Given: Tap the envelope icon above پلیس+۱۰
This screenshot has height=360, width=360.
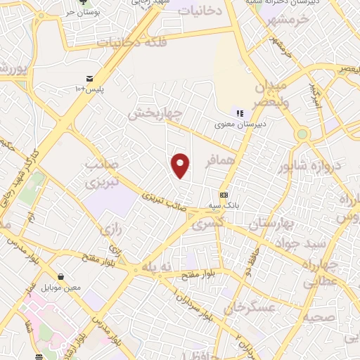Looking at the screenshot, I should point(89,78).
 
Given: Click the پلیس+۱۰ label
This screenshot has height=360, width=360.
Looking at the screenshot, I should point(89,89).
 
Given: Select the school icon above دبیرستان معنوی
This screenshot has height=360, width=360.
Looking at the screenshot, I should point(239,112).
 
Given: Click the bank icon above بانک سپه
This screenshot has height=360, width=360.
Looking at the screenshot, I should point(224,195).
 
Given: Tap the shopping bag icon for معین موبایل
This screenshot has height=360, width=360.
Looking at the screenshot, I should point(62,277).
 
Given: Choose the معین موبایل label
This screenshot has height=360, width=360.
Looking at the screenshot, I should point(62,288).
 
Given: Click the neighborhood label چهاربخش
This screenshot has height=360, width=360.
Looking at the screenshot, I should point(156,112).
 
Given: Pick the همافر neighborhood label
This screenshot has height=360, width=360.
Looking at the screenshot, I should point(219,162).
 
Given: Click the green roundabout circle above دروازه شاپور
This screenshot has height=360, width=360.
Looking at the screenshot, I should point(302,134).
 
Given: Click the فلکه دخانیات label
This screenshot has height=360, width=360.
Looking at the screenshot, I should point(136,42).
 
